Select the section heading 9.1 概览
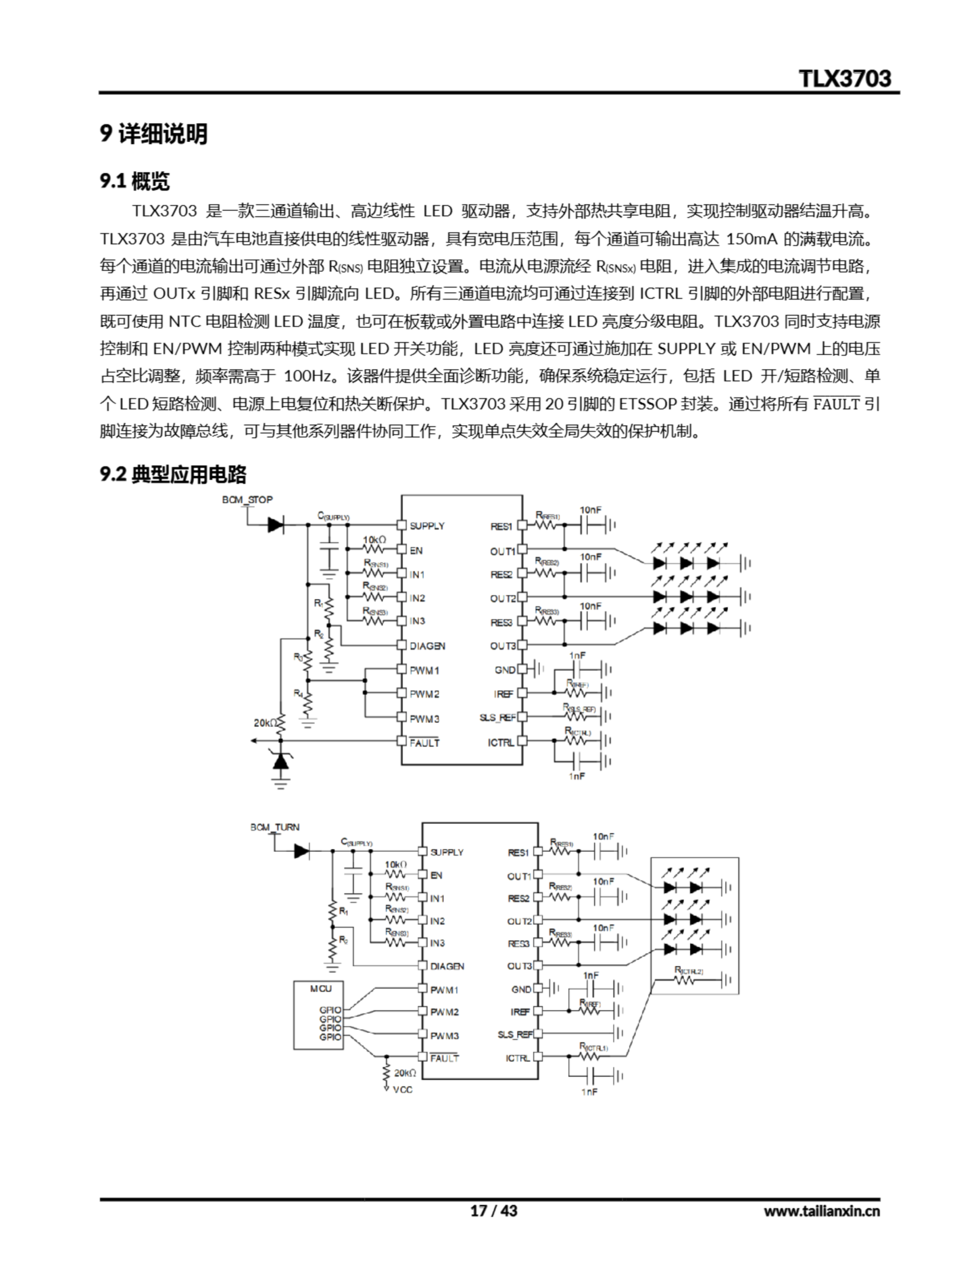(x=135, y=181)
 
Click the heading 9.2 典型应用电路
(x=172, y=475)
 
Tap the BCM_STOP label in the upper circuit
(x=247, y=500)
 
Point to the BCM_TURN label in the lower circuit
(x=275, y=827)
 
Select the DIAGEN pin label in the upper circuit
(x=427, y=645)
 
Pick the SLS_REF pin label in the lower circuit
(x=515, y=1034)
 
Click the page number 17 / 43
(x=493, y=1211)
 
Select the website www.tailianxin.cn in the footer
(x=821, y=1211)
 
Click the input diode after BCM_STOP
(x=275, y=525)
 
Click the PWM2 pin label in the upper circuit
(x=425, y=694)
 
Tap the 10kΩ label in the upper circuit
(x=375, y=540)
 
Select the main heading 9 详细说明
(x=154, y=134)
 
